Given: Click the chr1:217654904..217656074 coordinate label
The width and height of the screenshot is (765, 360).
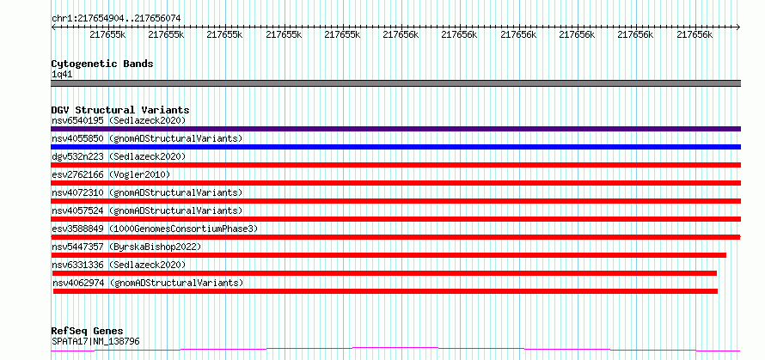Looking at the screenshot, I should tap(116, 18).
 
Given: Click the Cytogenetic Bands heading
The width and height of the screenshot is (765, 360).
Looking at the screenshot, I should tap(101, 64).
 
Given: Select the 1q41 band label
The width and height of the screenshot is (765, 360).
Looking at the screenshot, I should tap(62, 74).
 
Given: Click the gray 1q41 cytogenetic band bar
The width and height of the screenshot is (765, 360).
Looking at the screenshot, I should tap(395, 83).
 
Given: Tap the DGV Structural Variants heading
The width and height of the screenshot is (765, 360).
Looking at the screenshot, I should tap(119, 110).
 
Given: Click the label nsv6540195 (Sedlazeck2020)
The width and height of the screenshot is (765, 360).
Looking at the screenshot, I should tap(118, 120).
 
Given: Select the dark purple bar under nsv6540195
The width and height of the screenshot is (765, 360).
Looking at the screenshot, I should tap(395, 129).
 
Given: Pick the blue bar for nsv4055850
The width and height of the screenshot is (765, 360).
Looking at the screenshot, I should tap(395, 147).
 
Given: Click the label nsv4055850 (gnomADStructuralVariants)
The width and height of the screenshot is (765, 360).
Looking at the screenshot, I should tap(147, 138).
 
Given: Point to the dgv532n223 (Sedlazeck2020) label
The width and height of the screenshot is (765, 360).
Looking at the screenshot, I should tap(118, 156).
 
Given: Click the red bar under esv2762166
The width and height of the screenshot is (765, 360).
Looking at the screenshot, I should tap(395, 183).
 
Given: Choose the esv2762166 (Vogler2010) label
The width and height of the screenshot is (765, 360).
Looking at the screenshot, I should tap(109, 174).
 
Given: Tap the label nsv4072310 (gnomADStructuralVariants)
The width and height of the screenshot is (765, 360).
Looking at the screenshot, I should tap(147, 192).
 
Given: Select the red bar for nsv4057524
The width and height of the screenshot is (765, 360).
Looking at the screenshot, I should tap(395, 219).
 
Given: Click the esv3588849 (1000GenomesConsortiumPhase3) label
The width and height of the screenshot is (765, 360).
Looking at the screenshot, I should tap(155, 229).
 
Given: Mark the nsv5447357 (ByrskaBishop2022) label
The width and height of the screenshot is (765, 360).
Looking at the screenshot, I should tap(125, 247).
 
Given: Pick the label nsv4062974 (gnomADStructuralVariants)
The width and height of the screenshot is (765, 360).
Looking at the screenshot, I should tap(147, 283).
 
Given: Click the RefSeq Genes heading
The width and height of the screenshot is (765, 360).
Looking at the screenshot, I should tap(87, 331).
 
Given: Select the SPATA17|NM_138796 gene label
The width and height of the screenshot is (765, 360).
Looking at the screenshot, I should tap(95, 341).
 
